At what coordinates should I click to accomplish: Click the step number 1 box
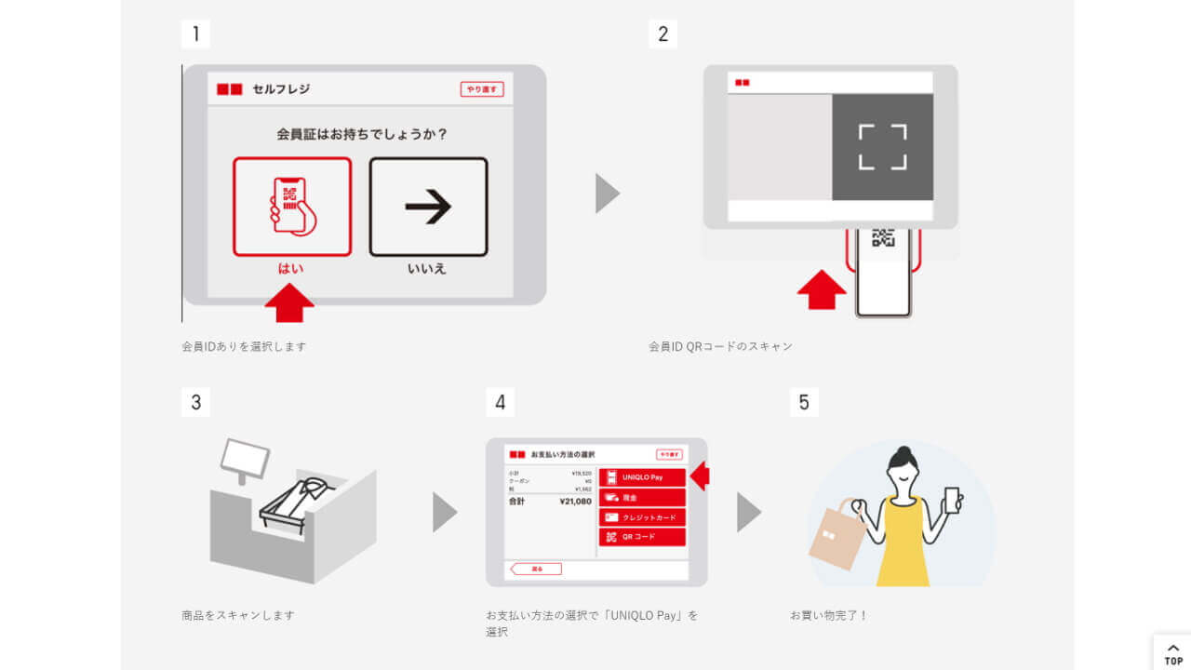(x=195, y=34)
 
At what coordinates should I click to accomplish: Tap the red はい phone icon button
(x=292, y=207)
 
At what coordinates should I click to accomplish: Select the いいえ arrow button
(x=428, y=207)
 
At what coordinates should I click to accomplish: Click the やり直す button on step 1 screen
(x=482, y=89)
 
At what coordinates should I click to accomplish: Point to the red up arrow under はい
(x=289, y=303)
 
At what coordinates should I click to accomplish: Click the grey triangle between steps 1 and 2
(x=607, y=194)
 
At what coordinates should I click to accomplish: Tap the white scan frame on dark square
(x=882, y=147)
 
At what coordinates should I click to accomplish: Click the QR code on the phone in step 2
(x=883, y=238)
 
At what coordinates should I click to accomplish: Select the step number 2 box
(x=662, y=34)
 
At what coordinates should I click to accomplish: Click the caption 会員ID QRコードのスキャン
(x=720, y=346)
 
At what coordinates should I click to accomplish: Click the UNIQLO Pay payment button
(x=642, y=477)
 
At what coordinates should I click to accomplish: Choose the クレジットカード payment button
(x=642, y=517)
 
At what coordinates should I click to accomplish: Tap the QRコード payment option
(x=642, y=537)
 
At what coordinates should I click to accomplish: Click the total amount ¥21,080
(x=575, y=501)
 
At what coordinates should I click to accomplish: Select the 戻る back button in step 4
(x=536, y=569)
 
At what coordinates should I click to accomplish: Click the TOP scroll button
(x=1173, y=654)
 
